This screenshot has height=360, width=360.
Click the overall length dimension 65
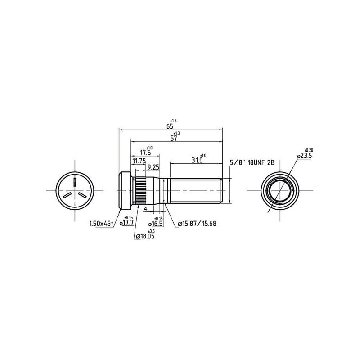170,126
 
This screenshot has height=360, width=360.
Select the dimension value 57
174,139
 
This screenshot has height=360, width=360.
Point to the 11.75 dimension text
139,161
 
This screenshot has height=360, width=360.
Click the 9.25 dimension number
153,167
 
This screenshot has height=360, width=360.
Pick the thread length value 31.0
197,160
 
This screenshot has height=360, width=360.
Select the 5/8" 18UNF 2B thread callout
252,163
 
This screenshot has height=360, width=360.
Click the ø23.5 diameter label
305,156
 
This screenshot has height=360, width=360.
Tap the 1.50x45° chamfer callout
101,224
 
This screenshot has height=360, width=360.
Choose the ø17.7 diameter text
126,222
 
